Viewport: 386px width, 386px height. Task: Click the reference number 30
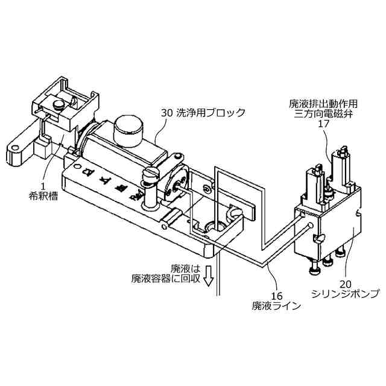click(x=166, y=112)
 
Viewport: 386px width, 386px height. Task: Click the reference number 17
click(x=324, y=124)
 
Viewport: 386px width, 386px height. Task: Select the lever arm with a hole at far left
click(x=21, y=147)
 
